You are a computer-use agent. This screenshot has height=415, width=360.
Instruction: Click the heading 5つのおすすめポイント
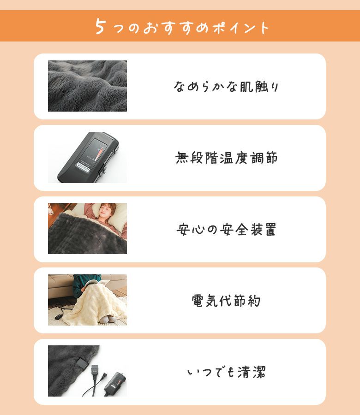click(x=182, y=27)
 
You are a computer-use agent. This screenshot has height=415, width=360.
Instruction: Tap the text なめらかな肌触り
click(x=226, y=87)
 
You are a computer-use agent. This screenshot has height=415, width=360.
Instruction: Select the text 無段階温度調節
click(x=227, y=158)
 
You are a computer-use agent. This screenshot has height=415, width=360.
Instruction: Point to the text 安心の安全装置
click(x=226, y=229)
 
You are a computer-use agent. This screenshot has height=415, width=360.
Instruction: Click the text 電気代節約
click(x=226, y=301)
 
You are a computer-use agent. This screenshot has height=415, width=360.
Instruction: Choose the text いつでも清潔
click(x=227, y=372)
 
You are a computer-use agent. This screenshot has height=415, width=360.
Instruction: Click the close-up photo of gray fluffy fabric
click(x=87, y=86)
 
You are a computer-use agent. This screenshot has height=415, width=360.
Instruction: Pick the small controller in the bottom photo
click(x=115, y=383)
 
